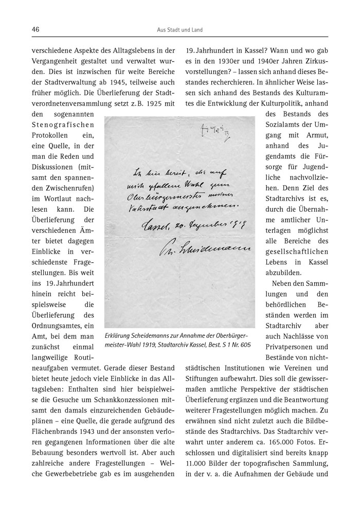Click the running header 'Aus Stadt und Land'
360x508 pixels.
pyautogui.click(x=180, y=30)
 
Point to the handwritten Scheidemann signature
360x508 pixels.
pyautogui.click(x=200, y=250)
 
